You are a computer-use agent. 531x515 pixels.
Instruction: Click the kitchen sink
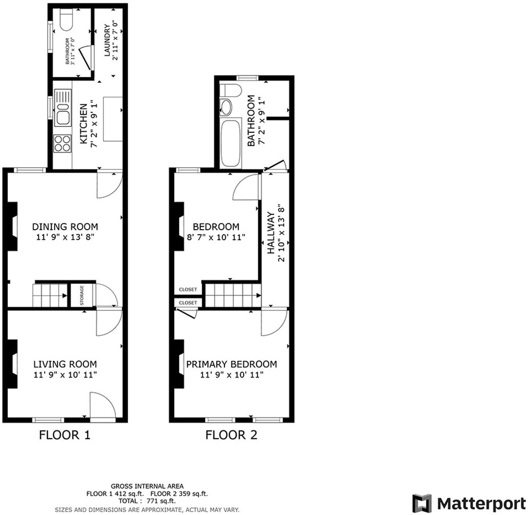[63, 108]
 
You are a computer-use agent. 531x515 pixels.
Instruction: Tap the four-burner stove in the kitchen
[62, 143]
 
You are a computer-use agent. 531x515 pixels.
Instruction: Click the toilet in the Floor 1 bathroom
[67, 20]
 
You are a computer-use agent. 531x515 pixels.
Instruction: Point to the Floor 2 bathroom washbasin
[226, 107]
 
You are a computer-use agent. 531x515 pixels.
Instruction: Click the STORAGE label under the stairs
[82, 295]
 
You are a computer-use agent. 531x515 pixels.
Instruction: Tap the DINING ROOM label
[65, 227]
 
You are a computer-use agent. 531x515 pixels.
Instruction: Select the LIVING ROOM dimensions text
[65, 375]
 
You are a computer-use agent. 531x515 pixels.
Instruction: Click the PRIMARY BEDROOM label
[232, 364]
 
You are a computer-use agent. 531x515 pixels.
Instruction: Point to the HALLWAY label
[271, 233]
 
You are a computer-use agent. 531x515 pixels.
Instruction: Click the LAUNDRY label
[107, 40]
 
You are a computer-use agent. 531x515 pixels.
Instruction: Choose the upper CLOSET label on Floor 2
[188, 289]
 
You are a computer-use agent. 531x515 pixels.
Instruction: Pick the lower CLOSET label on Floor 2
[188, 303]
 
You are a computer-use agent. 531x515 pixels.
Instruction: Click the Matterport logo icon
[421, 503]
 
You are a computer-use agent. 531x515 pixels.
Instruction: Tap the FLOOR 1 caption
[65, 435]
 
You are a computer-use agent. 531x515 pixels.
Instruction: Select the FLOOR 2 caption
[231, 435]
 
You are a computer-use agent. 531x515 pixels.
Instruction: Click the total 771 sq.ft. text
[147, 501]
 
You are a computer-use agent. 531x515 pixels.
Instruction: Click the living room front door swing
[102, 405]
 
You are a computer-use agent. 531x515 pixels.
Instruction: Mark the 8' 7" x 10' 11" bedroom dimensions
[216, 237]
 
